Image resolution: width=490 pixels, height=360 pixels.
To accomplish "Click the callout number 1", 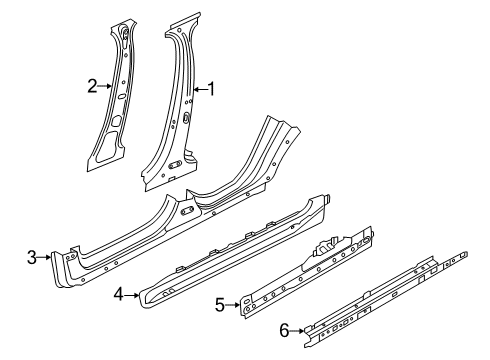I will point(210,89).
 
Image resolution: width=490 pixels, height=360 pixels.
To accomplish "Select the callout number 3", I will point(33,257).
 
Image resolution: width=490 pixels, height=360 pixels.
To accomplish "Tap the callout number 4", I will point(118,294).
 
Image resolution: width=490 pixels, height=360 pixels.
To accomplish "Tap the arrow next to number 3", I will point(47,257).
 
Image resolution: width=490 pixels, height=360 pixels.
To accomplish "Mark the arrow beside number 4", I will point(132,294).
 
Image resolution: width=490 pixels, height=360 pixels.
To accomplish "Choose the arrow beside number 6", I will point(297,329).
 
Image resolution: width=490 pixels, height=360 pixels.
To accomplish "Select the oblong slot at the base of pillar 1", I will point(174,163).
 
